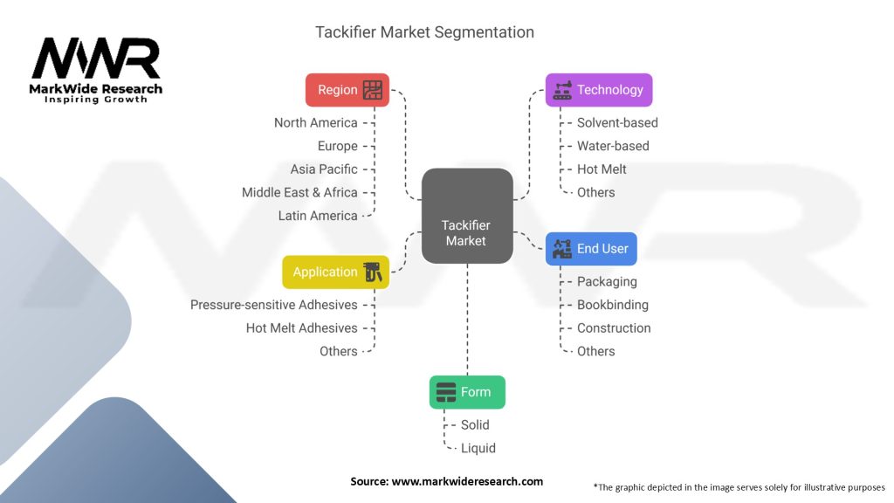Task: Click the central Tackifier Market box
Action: click(x=467, y=217)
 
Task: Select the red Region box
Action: click(x=347, y=90)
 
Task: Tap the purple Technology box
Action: click(x=599, y=90)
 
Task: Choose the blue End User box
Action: click(x=591, y=249)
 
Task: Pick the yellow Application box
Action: click(x=335, y=272)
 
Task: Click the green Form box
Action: click(x=467, y=392)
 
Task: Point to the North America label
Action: click(x=316, y=122)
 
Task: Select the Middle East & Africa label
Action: click(x=299, y=192)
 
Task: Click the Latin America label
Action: click(x=318, y=216)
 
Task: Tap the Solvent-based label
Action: click(x=617, y=122)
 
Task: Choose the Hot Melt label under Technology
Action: click(x=602, y=169)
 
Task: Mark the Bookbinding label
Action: click(x=612, y=305)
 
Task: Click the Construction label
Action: click(x=614, y=328)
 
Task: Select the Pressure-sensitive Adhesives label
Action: click(x=273, y=305)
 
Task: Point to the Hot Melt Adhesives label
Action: click(x=301, y=328)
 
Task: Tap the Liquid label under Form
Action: click(x=478, y=448)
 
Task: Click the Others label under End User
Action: click(x=595, y=351)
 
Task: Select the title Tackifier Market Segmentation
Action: click(x=425, y=32)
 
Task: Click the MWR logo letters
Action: click(x=96, y=59)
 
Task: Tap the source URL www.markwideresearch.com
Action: click(x=467, y=481)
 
